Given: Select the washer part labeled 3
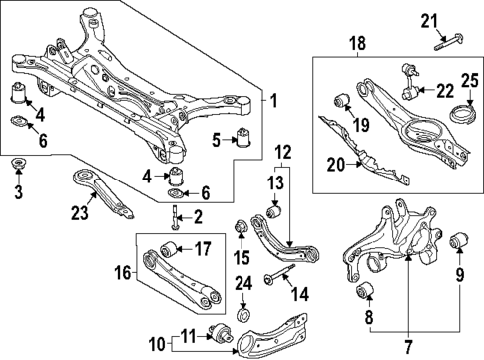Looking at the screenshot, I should (x=18, y=164).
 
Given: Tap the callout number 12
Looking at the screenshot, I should (x=283, y=153).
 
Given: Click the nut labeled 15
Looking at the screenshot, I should (x=240, y=230).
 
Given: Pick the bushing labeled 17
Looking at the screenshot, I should (x=171, y=249).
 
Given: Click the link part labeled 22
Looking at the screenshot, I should (x=410, y=93).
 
